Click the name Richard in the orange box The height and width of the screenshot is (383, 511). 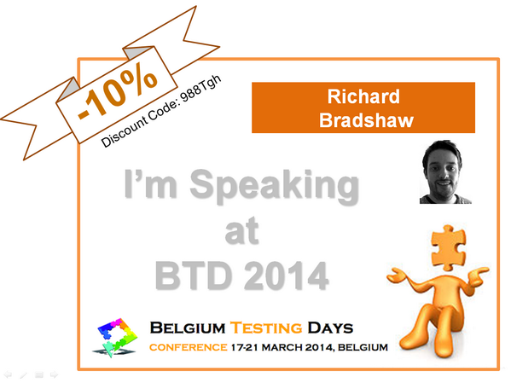363,96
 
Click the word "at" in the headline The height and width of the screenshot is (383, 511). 241,231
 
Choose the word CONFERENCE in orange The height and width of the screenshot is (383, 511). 188,348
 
